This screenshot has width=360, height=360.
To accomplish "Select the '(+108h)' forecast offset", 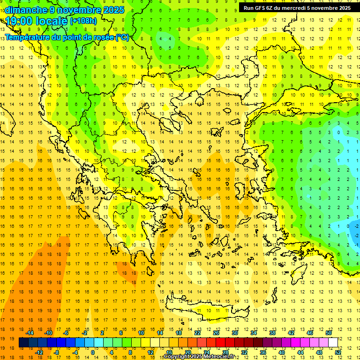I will tap(83, 21).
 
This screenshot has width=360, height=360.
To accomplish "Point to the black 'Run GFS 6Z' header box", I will tap(297, 8).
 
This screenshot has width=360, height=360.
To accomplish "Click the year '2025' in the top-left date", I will tap(113, 10).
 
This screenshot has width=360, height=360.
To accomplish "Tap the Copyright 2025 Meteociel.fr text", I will tap(199, 357).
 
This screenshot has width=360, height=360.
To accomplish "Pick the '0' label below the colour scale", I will tap(93, 352).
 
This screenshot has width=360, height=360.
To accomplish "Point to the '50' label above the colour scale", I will tap(329, 333).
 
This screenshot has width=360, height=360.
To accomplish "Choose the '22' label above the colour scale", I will tap(197, 333).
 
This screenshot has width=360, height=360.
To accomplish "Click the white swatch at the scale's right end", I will tap(333, 342).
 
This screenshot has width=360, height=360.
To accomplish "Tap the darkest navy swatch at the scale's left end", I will tap(23, 342).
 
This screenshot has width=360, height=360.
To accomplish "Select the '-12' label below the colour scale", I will tap(39, 352).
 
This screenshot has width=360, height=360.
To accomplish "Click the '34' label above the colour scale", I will tap(254, 333).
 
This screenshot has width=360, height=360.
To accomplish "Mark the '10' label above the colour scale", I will tap(141, 333).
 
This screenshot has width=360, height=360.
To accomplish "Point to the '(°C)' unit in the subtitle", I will tap(122, 37).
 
